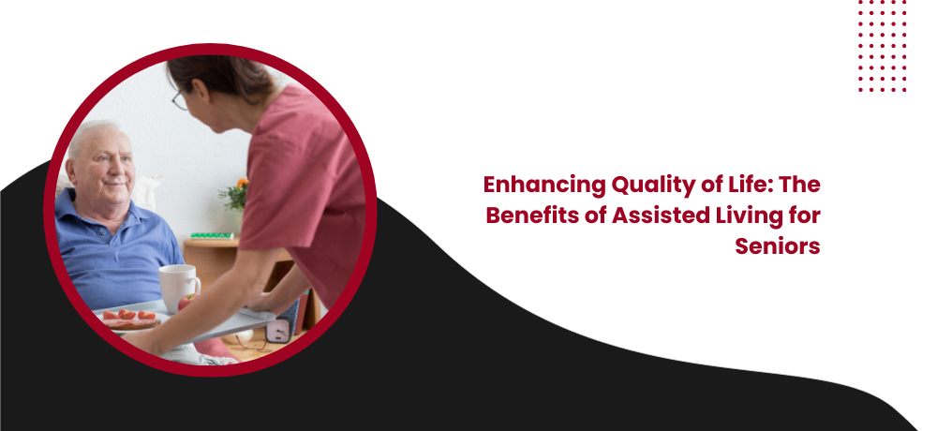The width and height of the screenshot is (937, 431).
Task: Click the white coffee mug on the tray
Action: [x=179, y=287]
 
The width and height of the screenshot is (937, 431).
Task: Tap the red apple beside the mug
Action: [x=186, y=302]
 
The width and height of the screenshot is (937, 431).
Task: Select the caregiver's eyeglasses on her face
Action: [x=179, y=100]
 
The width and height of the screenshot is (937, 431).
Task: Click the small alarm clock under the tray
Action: [x=278, y=330]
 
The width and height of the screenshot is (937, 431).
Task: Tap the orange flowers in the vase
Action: [x=242, y=184]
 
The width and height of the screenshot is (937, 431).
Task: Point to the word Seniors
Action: [x=778, y=246]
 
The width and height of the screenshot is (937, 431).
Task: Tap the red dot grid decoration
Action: [x=882, y=46]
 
